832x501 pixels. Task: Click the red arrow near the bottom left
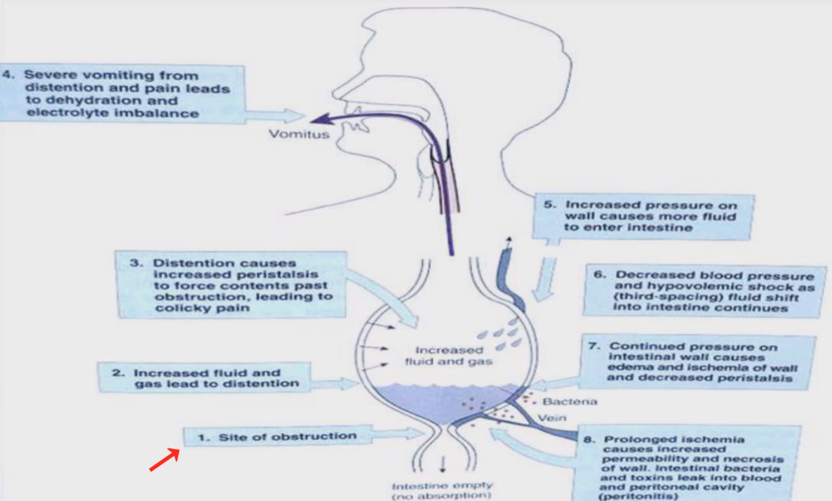pos(165,460)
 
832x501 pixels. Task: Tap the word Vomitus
pos(298,134)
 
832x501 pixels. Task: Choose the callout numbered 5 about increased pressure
pos(641,216)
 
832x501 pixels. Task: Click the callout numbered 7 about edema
pos(702,361)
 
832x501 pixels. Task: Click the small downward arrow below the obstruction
pos(442,465)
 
